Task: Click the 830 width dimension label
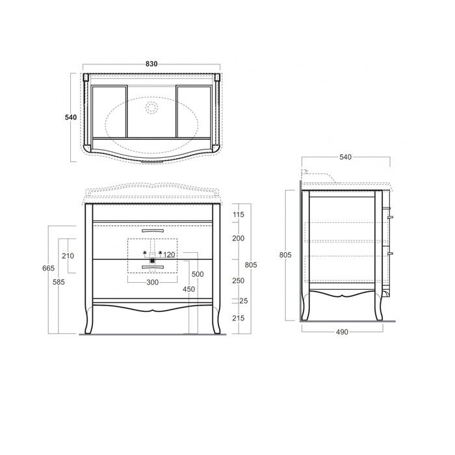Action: click(x=151, y=64)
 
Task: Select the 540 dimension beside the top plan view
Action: click(x=71, y=117)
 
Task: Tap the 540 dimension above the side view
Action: click(x=346, y=157)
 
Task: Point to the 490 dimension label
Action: click(x=342, y=331)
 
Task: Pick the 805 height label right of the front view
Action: click(x=252, y=265)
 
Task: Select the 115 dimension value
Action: click(x=238, y=214)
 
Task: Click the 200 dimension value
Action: click(x=238, y=239)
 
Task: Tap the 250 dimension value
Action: click(x=238, y=280)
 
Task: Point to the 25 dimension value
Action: click(x=243, y=301)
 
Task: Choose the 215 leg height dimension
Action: click(x=238, y=318)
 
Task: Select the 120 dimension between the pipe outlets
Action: click(x=171, y=254)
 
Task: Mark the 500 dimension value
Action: click(x=198, y=274)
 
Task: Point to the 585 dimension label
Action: click(x=59, y=282)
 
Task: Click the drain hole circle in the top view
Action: click(x=152, y=107)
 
